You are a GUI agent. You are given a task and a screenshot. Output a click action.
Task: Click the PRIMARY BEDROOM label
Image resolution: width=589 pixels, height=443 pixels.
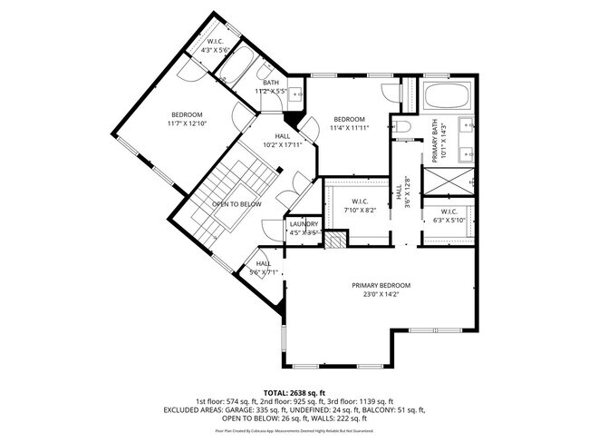pos(381,285)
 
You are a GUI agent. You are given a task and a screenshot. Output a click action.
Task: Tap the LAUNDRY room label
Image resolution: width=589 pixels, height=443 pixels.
pos(304,224)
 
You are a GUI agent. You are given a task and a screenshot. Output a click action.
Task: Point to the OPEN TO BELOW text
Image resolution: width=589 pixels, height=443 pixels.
pos(237,204)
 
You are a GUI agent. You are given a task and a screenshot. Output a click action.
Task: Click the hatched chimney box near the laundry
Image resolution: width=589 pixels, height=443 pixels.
pos(335,241)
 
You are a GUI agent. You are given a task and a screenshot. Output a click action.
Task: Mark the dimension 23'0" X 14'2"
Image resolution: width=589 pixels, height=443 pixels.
pos(381,294)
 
